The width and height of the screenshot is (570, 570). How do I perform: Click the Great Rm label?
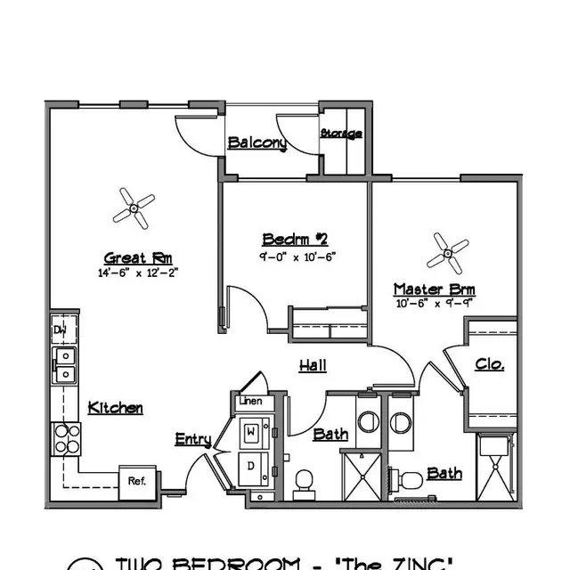click(132, 256)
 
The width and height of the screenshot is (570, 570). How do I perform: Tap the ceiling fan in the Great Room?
click(134, 208)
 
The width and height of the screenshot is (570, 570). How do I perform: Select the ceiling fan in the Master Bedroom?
click(446, 253)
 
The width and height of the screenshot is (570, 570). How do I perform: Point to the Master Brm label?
click(435, 289)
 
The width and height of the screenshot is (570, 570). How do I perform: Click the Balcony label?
click(256, 142)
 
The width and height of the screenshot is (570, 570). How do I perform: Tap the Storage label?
click(341, 134)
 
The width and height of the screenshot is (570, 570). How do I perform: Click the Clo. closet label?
click(490, 364)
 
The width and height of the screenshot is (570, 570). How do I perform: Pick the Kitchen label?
click(116, 408)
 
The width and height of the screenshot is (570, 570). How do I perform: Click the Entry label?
click(193, 439)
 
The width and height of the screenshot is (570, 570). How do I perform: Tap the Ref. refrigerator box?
click(136, 481)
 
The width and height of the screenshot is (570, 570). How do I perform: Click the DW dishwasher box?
click(61, 330)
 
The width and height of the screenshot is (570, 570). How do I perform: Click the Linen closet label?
click(250, 402)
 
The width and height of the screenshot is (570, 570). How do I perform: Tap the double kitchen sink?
click(64, 364)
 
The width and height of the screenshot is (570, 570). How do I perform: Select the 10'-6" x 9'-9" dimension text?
click(435, 304)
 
